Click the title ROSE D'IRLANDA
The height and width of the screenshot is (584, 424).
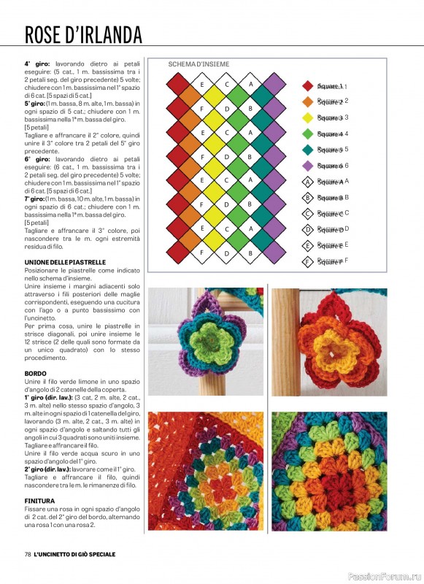coord(83,35)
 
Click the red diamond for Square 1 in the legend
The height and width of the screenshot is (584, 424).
coord(307,86)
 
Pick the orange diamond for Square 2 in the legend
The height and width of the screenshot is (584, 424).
coord(307,101)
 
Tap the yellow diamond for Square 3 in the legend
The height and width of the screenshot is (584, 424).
coord(307,118)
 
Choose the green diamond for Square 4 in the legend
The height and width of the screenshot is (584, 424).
coord(307,134)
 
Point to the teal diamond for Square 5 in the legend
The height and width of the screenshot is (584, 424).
coord(307,150)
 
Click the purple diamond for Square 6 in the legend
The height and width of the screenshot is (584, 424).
coord(307,166)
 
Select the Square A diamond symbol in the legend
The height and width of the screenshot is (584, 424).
coord(307,182)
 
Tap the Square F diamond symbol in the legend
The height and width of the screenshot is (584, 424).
coord(307,261)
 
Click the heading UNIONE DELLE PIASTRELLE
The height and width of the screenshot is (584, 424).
coord(66,262)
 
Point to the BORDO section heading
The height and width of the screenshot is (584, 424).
coord(36,374)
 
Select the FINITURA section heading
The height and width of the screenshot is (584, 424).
coord(40,500)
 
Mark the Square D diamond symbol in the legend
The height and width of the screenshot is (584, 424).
coord(307,229)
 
